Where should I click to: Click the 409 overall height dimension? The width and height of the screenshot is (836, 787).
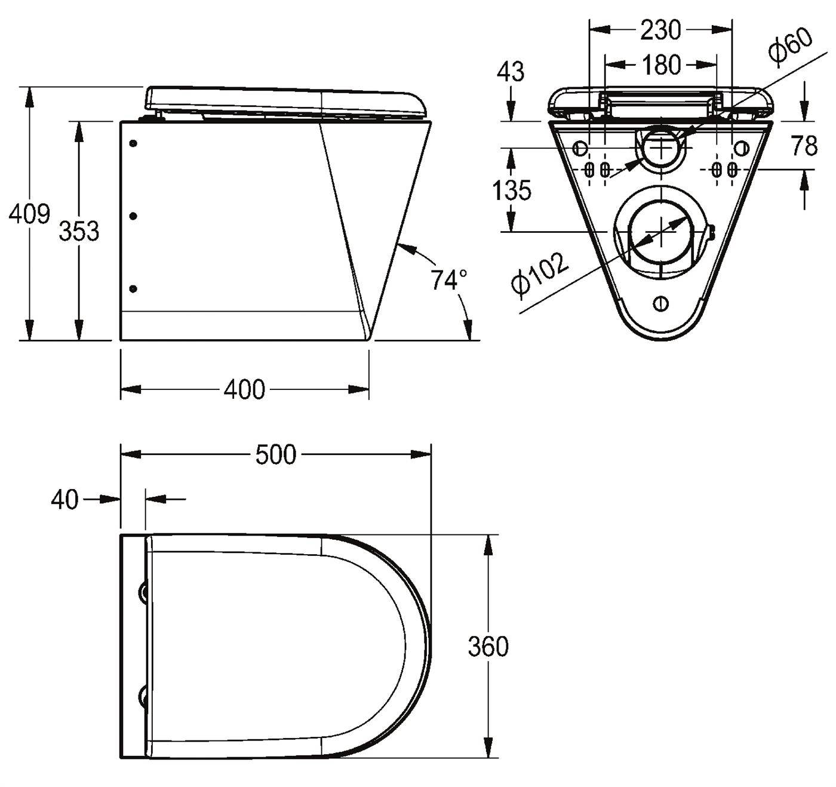coord(29,213)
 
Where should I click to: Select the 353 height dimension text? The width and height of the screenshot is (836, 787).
coord(79,230)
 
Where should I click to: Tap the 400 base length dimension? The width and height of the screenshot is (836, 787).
coord(244,389)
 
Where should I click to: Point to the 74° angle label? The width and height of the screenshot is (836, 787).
coord(448,279)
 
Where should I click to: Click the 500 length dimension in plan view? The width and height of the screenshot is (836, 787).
coord(276,454)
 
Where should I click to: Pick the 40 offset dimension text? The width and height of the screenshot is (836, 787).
coord(65,499)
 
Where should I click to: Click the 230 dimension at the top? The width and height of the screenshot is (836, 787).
coord(660,30)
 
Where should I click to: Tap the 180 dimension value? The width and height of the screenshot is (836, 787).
coord(661,65)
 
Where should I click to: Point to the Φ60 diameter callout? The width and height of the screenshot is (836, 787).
coord(790,47)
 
